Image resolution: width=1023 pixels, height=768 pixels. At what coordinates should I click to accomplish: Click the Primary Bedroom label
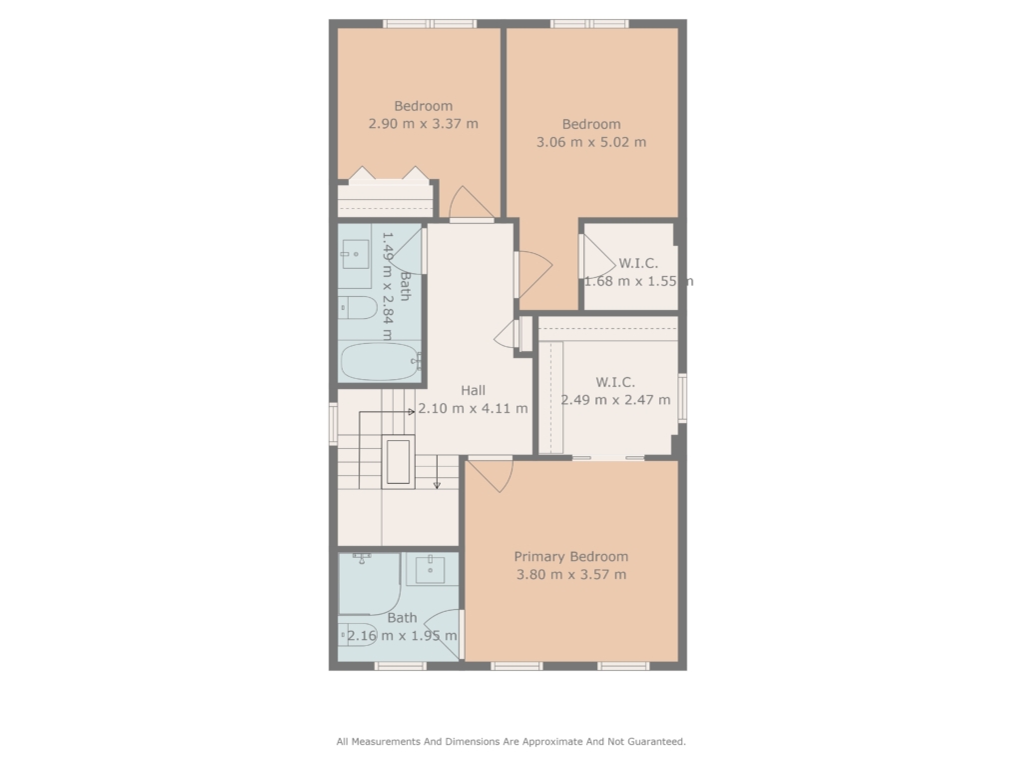570,556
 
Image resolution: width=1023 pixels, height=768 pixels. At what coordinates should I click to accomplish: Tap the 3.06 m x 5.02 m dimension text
591,142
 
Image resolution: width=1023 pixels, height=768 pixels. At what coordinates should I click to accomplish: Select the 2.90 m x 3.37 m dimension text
423,123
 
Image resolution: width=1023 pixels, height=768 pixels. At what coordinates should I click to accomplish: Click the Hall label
473,390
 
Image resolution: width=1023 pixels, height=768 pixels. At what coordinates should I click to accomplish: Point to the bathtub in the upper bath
380,361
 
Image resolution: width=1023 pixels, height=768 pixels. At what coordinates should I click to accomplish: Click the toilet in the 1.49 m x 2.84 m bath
358,308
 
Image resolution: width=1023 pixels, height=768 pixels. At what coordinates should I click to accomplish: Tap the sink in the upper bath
355,255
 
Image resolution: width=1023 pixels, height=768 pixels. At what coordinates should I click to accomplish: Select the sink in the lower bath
431,569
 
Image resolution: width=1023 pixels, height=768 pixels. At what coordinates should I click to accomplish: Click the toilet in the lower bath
357,634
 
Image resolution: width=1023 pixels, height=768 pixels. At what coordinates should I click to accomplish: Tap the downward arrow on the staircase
438,472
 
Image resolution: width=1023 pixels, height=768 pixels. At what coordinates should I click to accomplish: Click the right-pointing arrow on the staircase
387,412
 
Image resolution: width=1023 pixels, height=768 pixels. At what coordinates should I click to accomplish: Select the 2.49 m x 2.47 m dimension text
615,400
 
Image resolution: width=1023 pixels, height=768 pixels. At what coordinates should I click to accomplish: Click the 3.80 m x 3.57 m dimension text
570,575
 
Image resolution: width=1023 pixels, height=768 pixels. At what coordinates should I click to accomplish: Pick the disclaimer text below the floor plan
511,741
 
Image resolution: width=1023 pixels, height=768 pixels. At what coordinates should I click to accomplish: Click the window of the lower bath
400,666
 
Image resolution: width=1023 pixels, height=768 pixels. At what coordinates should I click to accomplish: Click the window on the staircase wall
333,424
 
